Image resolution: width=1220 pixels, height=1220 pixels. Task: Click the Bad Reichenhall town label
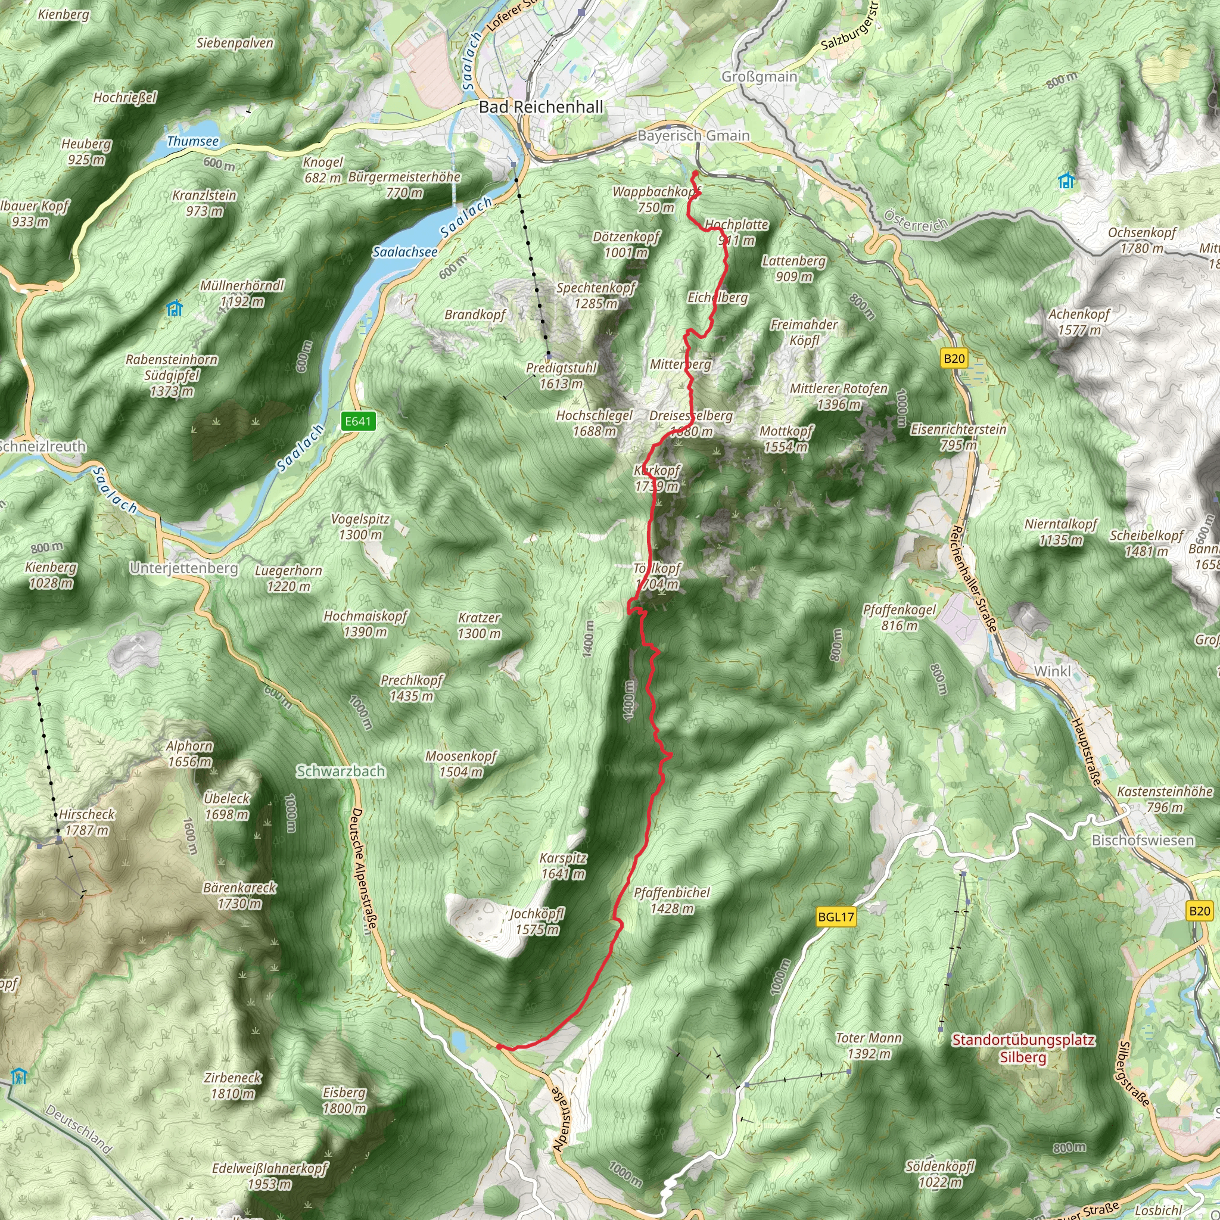[540, 107]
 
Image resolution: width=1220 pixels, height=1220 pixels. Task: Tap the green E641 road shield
[358, 421]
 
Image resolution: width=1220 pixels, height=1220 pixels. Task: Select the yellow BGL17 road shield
[835, 917]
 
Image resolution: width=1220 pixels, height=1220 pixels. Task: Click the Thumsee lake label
[192, 141]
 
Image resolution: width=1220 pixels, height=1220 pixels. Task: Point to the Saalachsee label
[404, 252]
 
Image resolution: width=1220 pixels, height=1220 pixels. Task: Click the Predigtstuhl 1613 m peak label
[561, 376]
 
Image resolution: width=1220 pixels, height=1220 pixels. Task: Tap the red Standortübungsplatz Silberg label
[1023, 1048]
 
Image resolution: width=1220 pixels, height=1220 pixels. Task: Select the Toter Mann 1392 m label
[869, 1045]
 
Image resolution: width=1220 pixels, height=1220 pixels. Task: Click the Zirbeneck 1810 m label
[232, 1085]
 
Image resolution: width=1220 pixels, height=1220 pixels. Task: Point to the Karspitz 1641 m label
[564, 866]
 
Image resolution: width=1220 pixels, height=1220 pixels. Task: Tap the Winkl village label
[1052, 671]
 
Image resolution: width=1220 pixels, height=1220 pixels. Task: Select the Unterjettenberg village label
[183, 568]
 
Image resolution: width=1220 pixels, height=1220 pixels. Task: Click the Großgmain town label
[759, 76]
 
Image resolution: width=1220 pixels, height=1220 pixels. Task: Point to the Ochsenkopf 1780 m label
[1142, 240]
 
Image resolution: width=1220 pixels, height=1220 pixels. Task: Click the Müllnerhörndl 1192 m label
[242, 294]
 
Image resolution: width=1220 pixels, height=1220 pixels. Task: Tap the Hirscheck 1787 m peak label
[87, 822]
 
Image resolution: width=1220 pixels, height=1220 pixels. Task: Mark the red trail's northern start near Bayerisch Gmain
[695, 173]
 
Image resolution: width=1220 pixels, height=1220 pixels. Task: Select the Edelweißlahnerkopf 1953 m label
[270, 1176]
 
